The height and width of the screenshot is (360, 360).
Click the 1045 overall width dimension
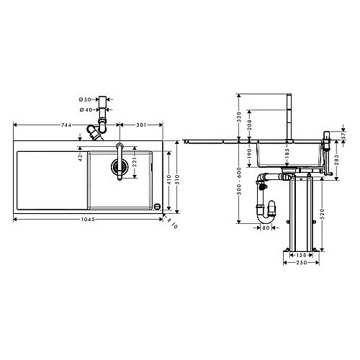click(x=88, y=219)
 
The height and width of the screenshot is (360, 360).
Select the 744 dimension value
click(x=66, y=125)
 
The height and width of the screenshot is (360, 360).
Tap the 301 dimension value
click(x=141, y=125)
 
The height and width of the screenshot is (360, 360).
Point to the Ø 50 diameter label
click(x=85, y=99)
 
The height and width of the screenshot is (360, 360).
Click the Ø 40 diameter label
click(x=86, y=109)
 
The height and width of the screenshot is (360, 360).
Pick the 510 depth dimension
click(x=177, y=179)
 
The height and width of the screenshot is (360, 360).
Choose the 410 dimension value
click(x=169, y=180)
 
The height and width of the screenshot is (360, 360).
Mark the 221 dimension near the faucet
click(x=135, y=162)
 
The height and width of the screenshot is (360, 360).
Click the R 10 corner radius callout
click(x=172, y=223)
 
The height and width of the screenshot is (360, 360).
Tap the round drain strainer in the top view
click(x=120, y=166)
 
